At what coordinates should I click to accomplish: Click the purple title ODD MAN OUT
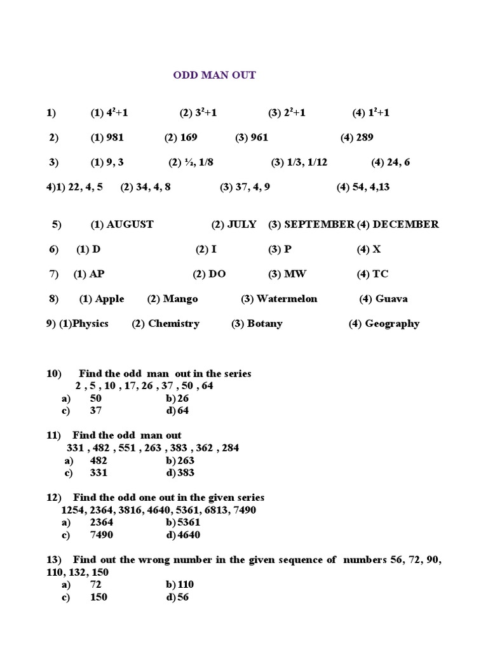tap(215, 75)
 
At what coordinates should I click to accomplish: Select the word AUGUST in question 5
tap(130, 224)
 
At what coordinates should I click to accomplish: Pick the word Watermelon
tap(287, 299)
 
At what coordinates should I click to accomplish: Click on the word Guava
tap(391, 299)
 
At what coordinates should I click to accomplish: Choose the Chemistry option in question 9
tap(173, 324)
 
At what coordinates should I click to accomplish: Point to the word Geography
tap(392, 324)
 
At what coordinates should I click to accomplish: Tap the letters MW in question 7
tap(295, 274)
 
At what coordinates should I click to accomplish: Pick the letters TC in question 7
tap(380, 274)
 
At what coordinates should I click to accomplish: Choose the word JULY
tap(242, 224)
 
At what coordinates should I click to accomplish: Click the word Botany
tap(264, 324)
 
